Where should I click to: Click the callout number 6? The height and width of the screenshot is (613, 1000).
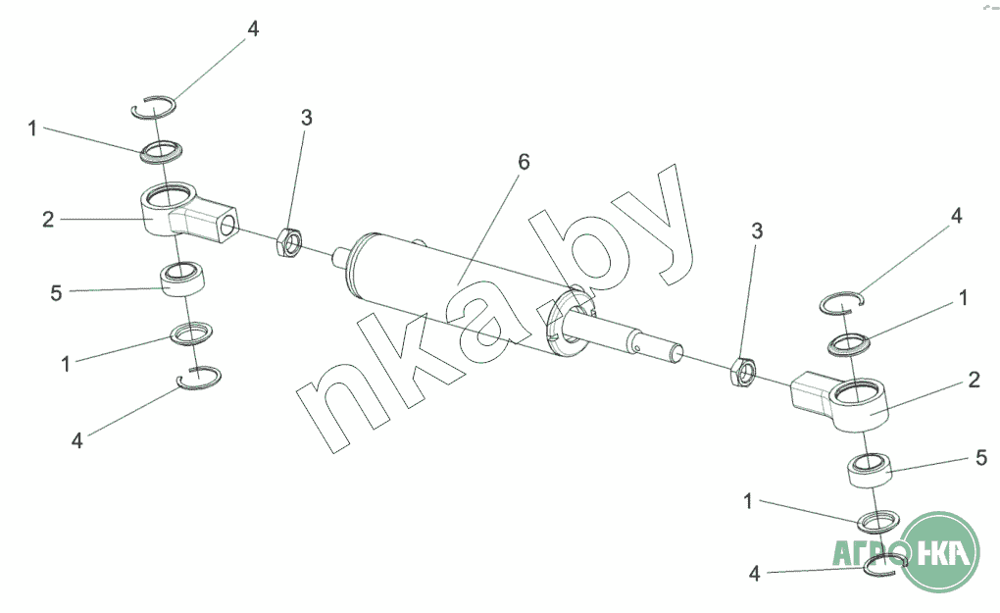pyautogui.click(x=524, y=162)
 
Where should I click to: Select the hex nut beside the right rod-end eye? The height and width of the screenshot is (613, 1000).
pyautogui.click(x=741, y=372)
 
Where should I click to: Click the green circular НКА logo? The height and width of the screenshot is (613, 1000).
pyautogui.click(x=939, y=552)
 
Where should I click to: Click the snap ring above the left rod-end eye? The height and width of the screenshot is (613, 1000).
pyautogui.click(x=154, y=106)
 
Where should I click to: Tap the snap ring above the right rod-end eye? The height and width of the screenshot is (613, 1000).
pyautogui.click(x=840, y=303)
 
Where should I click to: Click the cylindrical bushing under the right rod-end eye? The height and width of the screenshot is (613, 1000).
pyautogui.click(x=869, y=469)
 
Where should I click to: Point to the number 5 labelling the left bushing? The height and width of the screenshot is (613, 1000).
pyautogui.click(x=56, y=291)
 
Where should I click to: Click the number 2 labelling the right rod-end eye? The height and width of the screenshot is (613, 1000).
pyautogui.click(x=974, y=381)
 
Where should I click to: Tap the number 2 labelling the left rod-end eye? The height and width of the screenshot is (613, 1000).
pyautogui.click(x=47, y=220)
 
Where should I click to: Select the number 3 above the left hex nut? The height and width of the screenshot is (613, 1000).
pyautogui.click(x=307, y=119)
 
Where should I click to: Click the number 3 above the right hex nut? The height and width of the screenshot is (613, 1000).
pyautogui.click(x=756, y=231)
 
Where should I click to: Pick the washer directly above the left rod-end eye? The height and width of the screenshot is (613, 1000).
pyautogui.click(x=163, y=152)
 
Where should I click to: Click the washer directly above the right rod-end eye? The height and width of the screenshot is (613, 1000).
pyautogui.click(x=849, y=343)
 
